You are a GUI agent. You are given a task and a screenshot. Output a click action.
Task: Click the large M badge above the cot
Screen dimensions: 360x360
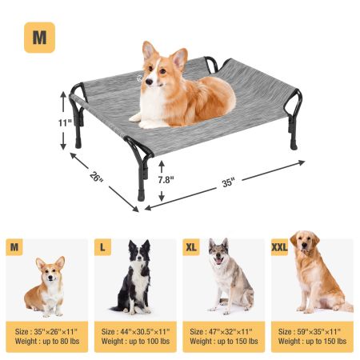(x=39, y=38)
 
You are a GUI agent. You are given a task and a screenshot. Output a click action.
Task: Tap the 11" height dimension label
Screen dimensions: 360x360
(x=65, y=123)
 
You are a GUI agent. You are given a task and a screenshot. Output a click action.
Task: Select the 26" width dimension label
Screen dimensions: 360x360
(x=97, y=176)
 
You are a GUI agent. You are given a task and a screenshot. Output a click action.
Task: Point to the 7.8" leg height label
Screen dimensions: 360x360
(x=166, y=180)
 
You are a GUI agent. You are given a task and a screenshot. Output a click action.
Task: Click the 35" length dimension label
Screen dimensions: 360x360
(x=229, y=183)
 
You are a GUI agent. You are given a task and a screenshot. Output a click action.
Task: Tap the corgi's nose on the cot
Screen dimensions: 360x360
(x=149, y=81)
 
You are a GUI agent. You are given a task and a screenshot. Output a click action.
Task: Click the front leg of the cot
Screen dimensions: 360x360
(x=141, y=178)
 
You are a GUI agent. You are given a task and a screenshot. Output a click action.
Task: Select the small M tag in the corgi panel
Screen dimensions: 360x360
(x=14, y=247)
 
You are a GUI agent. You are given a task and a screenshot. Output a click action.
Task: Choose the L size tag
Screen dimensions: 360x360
(x=102, y=247)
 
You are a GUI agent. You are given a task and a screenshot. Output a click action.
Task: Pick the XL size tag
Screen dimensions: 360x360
(x=191, y=247)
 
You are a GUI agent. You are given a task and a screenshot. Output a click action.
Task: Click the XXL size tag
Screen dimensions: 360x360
(x=279, y=247)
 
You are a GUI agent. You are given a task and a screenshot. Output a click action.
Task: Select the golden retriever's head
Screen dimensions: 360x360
(x=305, y=242)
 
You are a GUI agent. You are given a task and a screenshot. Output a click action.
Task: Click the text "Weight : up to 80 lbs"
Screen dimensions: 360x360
(x=47, y=341)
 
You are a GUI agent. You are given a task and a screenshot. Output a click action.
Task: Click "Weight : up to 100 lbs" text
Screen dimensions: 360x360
(x=135, y=341)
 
